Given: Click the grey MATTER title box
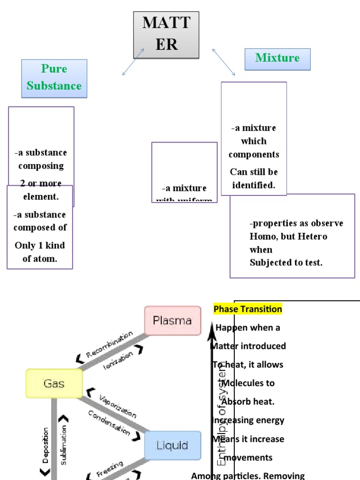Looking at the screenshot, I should tap(166, 35).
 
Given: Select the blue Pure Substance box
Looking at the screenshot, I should tap(54, 78).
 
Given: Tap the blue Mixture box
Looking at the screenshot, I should tap(277, 59).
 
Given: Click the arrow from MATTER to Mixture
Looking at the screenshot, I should tap(224, 61).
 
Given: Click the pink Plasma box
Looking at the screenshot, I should tap(172, 321).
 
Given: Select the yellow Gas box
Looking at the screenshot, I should tap(54, 384).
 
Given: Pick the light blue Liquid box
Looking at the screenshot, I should tap(172, 445).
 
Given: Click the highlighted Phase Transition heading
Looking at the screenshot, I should tap(248, 309).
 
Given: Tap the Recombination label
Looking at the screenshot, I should tap(109, 345).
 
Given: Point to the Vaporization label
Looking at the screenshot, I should tap(118, 406).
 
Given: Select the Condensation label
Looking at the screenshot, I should tap(109, 422).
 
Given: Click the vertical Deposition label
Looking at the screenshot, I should tap(45, 445).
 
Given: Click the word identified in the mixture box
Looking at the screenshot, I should tap(254, 185).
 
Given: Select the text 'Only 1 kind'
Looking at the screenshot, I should tap(40, 246).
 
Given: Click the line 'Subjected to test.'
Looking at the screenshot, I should tap(286, 262).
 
